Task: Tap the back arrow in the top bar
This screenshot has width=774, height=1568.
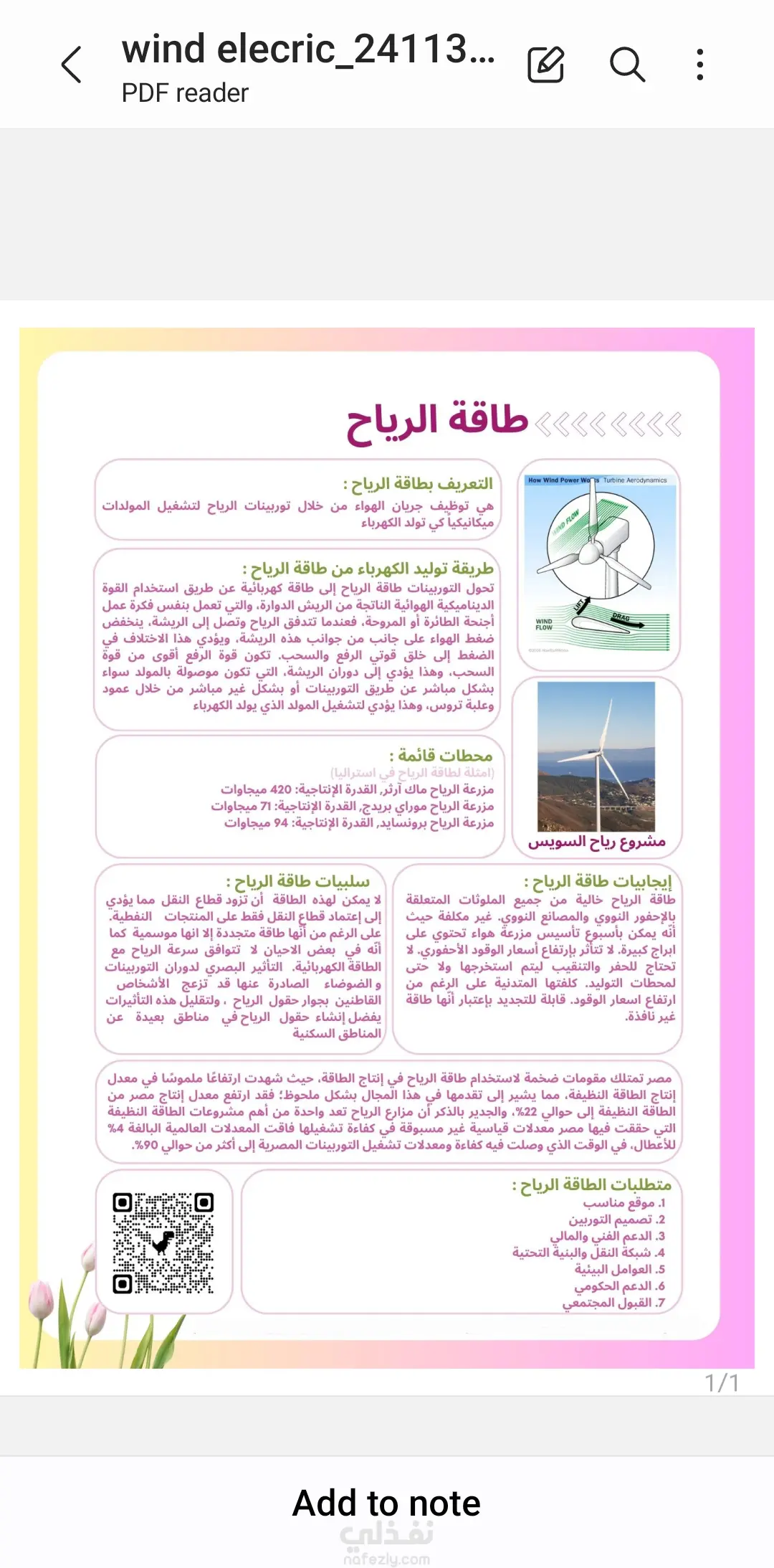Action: coord(72,65)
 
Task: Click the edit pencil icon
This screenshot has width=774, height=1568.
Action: coord(546,65)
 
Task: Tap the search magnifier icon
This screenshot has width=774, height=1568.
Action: coord(627,65)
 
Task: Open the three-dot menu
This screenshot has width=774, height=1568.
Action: coord(700,65)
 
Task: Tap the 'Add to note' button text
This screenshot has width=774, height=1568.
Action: coord(387,1503)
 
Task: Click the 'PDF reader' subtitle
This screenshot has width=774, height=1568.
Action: coord(185,93)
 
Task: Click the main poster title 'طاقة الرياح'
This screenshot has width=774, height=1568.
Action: coord(437,421)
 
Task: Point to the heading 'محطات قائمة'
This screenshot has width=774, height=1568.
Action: coord(441,756)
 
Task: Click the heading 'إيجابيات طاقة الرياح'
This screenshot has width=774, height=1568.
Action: coord(598,881)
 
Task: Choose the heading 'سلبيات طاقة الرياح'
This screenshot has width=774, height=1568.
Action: coord(298,881)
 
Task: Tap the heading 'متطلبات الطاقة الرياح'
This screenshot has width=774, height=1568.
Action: coord(592,1184)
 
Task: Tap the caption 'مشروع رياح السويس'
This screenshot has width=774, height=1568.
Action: coord(597,842)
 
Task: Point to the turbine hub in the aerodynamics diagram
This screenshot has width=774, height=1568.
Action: coord(589,552)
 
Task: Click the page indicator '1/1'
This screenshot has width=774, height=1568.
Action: coord(722,1383)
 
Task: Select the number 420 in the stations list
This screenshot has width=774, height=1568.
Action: coord(281,789)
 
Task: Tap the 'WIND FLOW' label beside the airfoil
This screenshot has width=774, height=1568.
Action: coord(544,624)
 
